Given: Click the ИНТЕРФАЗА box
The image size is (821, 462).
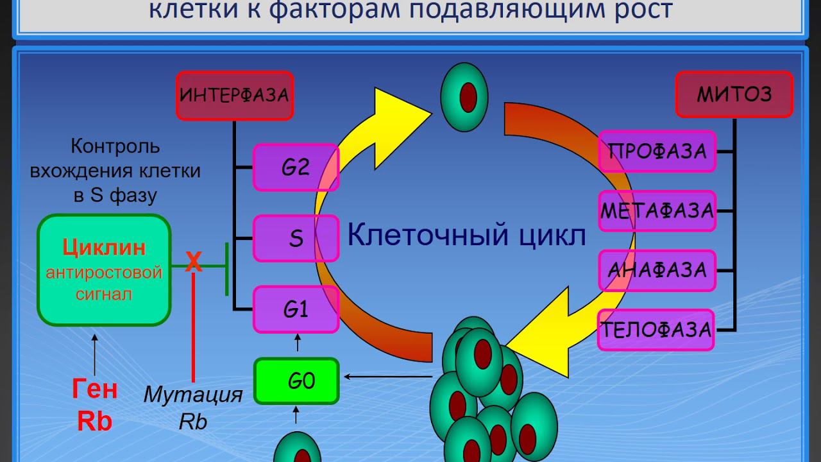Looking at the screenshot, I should click(x=235, y=96).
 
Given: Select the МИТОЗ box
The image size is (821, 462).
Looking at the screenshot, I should click(x=734, y=94).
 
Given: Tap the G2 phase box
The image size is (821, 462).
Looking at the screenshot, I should click(x=296, y=167).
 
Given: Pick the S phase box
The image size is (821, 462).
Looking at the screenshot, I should click(x=296, y=238).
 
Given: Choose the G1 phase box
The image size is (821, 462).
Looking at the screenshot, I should click(x=296, y=310).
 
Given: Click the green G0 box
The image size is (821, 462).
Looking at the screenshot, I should click(x=296, y=381).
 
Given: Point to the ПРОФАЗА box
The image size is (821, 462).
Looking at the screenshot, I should click(x=657, y=152).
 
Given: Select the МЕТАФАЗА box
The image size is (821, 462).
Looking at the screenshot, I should click(x=657, y=210).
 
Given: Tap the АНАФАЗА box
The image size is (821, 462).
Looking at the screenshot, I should click(x=657, y=270).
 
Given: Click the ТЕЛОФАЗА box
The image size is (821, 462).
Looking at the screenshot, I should click(x=656, y=330).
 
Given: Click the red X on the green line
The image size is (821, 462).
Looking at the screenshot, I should click(x=193, y=262).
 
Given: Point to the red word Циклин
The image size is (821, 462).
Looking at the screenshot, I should click(x=104, y=248).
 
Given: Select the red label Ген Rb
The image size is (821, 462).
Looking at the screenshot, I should click(x=94, y=405).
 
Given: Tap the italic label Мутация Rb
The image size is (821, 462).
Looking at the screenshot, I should click(x=193, y=407).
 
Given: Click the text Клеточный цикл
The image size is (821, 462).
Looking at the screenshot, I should click(x=466, y=235).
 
